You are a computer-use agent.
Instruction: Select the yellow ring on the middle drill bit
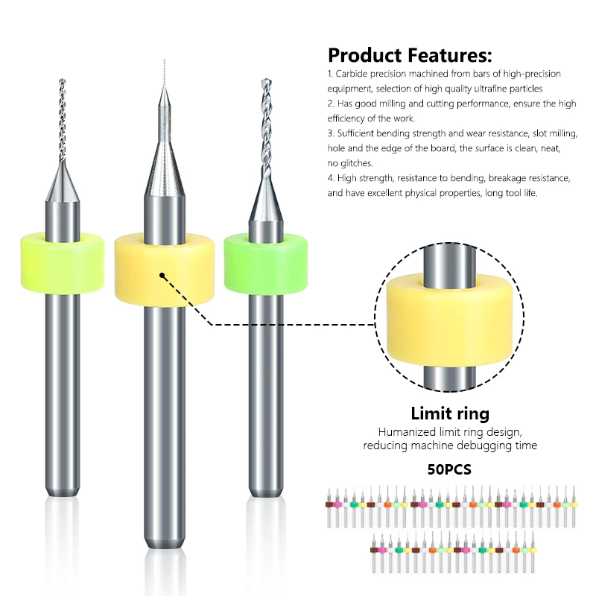pyautogui.click(x=164, y=271)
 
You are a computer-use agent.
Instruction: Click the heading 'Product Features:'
pyautogui.click(x=410, y=55)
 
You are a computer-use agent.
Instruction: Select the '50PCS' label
pyautogui.click(x=449, y=470)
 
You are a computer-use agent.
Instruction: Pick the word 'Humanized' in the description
pyautogui.click(x=404, y=432)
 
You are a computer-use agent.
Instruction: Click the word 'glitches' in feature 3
pyautogui.click(x=355, y=162)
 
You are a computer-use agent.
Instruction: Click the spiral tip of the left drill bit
pyautogui.click(x=62, y=119)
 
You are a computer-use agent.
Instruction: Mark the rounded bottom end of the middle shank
pyautogui.click(x=164, y=535)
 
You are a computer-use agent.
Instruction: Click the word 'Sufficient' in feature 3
pyautogui.click(x=358, y=133)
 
